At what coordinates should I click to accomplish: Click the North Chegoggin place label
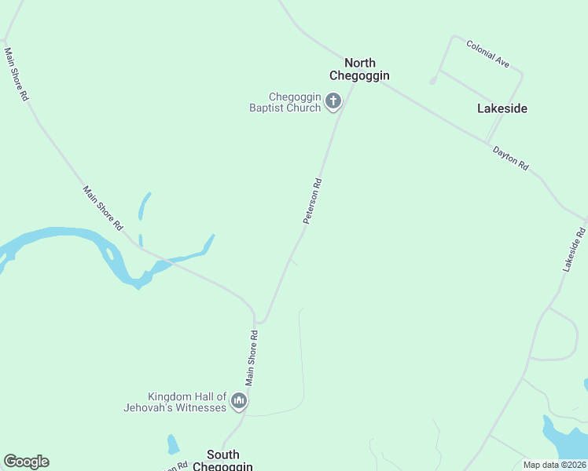click(359, 69)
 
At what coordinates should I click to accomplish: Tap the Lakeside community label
click(502, 108)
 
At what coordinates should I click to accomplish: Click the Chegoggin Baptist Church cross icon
click(333, 100)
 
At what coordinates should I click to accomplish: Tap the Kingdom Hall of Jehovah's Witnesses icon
click(239, 402)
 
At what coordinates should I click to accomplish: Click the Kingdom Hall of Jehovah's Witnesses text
click(175, 402)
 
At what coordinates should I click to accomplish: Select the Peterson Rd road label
click(313, 202)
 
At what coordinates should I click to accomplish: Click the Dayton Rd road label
click(511, 157)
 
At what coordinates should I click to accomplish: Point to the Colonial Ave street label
click(487, 53)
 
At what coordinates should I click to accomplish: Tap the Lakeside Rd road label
click(574, 250)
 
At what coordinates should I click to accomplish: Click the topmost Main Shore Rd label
click(16, 74)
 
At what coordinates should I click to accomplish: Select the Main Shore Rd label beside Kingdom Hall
click(252, 357)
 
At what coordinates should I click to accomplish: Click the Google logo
click(26, 462)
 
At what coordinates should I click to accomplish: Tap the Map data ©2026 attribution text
click(555, 465)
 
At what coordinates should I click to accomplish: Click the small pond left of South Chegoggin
click(172, 444)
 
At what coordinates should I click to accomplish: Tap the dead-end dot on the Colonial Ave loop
click(432, 81)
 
